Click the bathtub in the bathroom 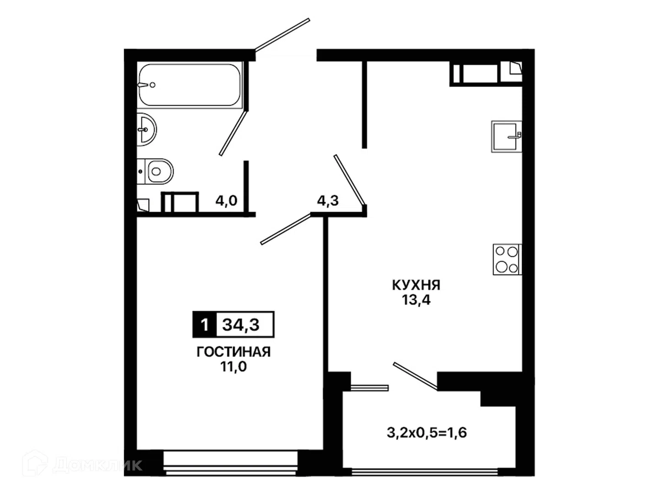click(190, 85)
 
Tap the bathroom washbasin click(146, 129)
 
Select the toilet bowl click(155, 171)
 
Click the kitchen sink click(507, 136)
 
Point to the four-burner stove click(507, 259)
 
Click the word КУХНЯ click(416, 285)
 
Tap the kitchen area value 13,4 click(416, 300)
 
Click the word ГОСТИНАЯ click(233, 352)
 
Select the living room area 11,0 click(233, 366)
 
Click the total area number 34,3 click(241, 325)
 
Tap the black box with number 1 click(205, 325)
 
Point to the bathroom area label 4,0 click(227, 200)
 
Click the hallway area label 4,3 click(328, 201)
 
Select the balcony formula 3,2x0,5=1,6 click(427, 433)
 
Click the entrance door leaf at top click(282, 34)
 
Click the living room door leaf click(286, 229)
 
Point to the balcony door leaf click(415, 376)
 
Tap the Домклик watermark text click(97, 465)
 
